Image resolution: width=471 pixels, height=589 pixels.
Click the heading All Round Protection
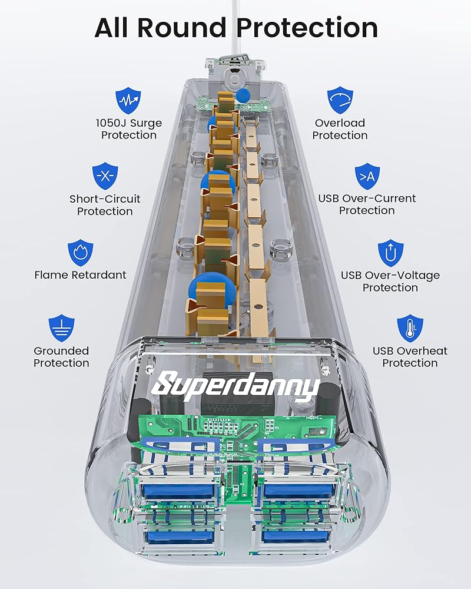pos(235,27)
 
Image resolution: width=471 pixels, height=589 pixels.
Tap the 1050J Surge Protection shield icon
pos(128,101)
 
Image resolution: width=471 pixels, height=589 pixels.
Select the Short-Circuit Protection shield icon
pos(105,176)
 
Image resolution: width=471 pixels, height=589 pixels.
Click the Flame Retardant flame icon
pos(80,252)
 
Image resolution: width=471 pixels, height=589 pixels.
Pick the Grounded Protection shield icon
pos(61,328)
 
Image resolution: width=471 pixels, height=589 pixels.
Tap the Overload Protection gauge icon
pos(340,100)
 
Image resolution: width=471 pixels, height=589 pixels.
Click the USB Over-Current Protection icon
pos(367,176)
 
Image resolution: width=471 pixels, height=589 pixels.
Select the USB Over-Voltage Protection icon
pos(390,252)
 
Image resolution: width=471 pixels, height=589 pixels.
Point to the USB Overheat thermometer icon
pos(410,328)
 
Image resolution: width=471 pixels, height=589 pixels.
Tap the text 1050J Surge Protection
pos(128,129)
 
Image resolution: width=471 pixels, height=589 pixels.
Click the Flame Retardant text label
pos(80,275)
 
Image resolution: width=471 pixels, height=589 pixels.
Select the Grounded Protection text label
pos(61,357)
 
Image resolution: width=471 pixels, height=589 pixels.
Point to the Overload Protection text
pos(340,129)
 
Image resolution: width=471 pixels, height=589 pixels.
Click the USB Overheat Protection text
pos(410,357)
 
